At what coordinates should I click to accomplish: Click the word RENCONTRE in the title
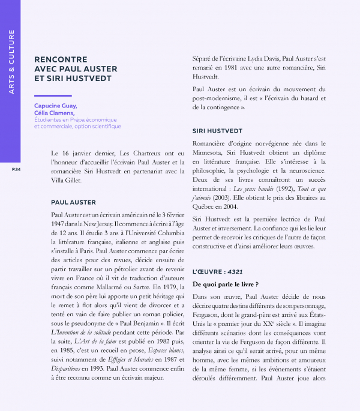pyautogui.click(x=59, y=59)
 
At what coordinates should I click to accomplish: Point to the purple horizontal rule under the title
pyautogui.click(x=53, y=95)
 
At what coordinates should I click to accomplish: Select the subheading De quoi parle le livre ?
pyautogui.click(x=225, y=284)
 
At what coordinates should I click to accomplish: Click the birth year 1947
pyautogui.click(x=62, y=224)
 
